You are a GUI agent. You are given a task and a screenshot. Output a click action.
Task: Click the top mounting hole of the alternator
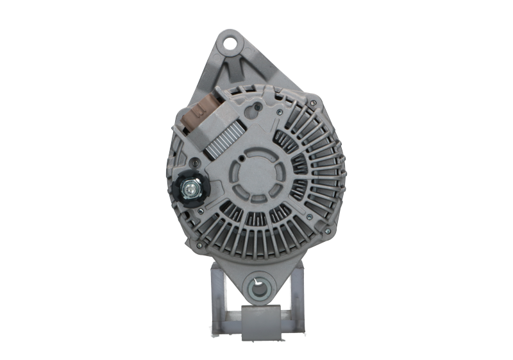[x=231, y=44]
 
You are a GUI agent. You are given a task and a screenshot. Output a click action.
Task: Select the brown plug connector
[x=204, y=116]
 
